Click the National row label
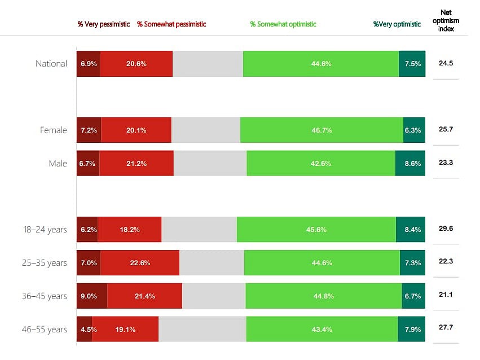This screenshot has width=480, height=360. coord(51,64)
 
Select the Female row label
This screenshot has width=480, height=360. coord(54,130)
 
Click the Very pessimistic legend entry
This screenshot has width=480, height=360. coord(104,24)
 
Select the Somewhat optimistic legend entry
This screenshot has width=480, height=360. coord(283,24)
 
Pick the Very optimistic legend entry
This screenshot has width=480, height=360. coord(397,24)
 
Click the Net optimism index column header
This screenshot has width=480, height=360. coord(450,20)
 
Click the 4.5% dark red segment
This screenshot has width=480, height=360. coord(84,330)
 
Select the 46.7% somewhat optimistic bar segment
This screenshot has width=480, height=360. coord(322,130)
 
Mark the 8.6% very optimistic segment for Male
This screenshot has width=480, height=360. coord(410,164)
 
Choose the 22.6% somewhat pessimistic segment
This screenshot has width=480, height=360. coord(140,263)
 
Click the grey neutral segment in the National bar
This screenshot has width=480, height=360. coord(208,64)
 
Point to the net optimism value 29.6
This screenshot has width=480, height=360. coord(446,229)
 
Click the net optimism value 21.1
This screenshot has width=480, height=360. coord(446,296)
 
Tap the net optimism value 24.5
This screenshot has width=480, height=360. coord(446,63)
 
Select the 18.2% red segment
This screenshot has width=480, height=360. coord(130,230)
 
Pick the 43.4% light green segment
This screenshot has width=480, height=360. coord(322,330)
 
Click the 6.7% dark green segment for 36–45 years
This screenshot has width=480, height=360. coord(413,296)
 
